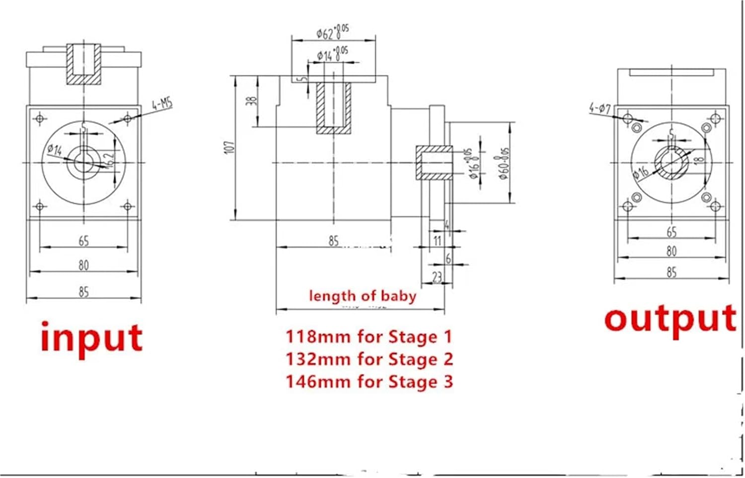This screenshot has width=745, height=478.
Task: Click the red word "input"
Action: pos(91,338)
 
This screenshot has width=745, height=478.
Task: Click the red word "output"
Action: pos(670,319)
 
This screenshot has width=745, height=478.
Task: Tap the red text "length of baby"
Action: pos(362,296)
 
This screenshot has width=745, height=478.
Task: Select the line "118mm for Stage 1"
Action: pos(369,336)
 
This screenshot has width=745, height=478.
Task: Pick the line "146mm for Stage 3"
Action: pos(369,382)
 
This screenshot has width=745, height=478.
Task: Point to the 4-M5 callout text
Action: pos(162,104)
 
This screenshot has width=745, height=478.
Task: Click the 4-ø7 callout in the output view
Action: pos(600,108)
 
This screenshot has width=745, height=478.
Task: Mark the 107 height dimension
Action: pos(229,147)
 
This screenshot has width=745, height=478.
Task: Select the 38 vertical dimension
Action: pos(252,100)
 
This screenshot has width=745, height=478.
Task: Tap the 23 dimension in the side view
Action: pos(437,276)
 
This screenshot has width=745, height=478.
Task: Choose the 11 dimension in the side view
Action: pos(437,241)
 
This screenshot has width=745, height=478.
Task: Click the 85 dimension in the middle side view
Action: pos(333,241)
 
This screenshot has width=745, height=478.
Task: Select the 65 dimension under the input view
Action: pos(83,241)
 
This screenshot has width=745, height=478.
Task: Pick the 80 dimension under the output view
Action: pos(671,251)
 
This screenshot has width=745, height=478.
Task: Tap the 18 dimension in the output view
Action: pos(699,160)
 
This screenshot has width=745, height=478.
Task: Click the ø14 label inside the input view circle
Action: pos(55,149)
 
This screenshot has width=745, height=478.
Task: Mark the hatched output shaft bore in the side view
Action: pos(434,162)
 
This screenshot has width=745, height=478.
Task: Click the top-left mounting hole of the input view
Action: pos(40,118)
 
